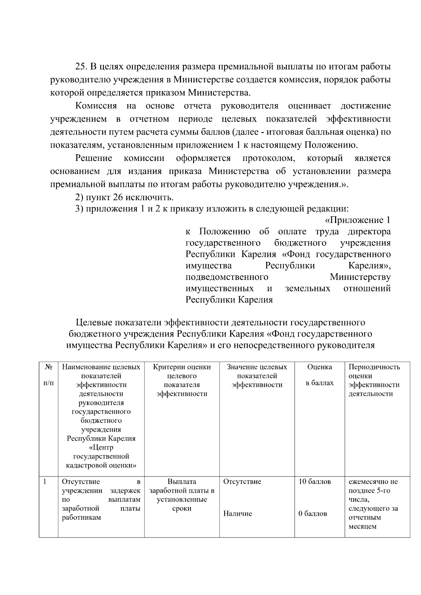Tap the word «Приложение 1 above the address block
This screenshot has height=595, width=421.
(357, 220)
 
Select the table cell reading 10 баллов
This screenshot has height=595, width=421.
(314, 482)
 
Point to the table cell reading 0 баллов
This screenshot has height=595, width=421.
(313, 514)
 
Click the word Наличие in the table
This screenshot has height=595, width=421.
(238, 514)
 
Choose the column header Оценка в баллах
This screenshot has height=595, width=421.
(319, 375)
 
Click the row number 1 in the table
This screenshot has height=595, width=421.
(45, 482)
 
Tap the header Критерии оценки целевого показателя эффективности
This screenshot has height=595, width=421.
(182, 380)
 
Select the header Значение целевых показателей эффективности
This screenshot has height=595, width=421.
(257, 376)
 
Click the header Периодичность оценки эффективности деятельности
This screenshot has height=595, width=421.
(374, 380)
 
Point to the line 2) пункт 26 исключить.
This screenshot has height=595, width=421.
(125, 197)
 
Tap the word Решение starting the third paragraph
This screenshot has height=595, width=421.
(94, 158)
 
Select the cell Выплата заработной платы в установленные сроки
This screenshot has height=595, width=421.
(182, 495)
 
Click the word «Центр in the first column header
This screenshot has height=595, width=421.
(101, 448)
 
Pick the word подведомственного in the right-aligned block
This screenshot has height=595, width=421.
(227, 277)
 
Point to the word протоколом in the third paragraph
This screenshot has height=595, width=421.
(268, 158)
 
